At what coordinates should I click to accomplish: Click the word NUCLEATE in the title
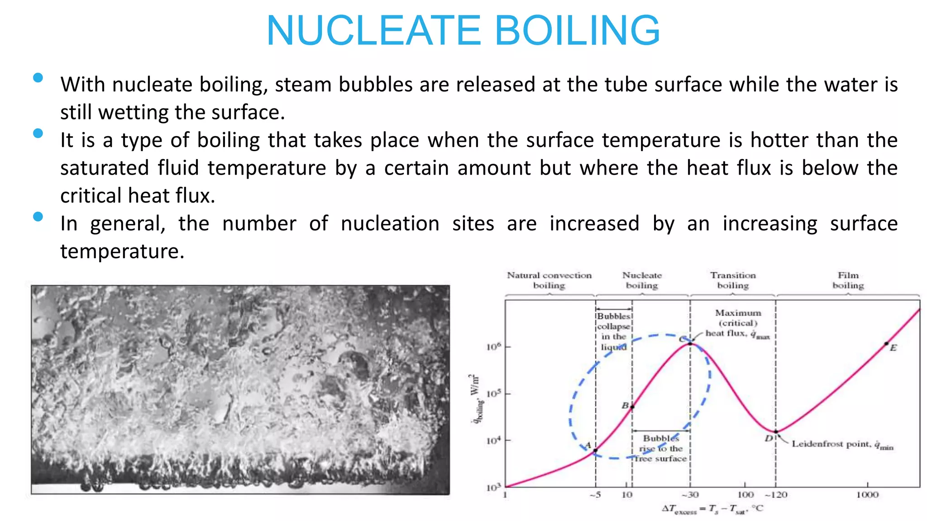pyautogui.click(x=374, y=31)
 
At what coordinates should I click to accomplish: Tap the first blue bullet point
pyautogui.click(x=38, y=78)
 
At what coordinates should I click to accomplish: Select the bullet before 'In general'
pyautogui.click(x=38, y=217)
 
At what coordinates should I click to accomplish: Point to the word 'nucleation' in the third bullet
pyautogui.click(x=390, y=224)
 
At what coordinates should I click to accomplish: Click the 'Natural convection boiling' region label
pyautogui.click(x=549, y=280)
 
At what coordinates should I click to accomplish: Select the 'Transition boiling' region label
pyautogui.click(x=733, y=280)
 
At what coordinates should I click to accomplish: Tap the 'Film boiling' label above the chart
pyautogui.click(x=848, y=280)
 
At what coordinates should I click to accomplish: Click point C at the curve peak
pyautogui.click(x=690, y=344)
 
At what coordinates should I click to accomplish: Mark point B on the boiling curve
pyautogui.click(x=632, y=407)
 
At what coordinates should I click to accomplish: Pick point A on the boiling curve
pyautogui.click(x=595, y=450)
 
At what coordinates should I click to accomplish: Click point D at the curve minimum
pyautogui.click(x=775, y=432)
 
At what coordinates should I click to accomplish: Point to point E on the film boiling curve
pyautogui.click(x=886, y=344)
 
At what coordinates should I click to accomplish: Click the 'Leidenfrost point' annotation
pyautogui.click(x=842, y=445)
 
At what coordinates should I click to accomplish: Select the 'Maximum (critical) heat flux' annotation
pyautogui.click(x=738, y=323)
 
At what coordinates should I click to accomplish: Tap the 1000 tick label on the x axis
pyautogui.click(x=867, y=495)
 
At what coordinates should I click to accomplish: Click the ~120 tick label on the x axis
pyautogui.click(x=776, y=495)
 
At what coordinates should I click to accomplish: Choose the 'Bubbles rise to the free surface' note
pyautogui.click(x=660, y=448)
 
